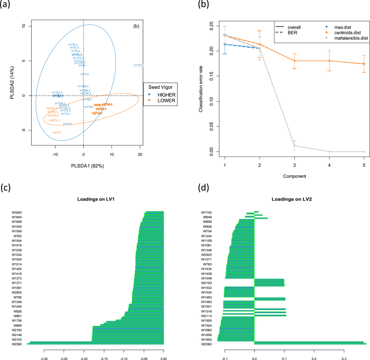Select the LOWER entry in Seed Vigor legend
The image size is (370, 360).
coord(162,101)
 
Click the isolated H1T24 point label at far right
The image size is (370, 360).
coord(138,65)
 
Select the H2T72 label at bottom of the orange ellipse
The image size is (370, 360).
coord(57,132)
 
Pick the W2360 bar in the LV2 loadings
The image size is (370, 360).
coord(310,343)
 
